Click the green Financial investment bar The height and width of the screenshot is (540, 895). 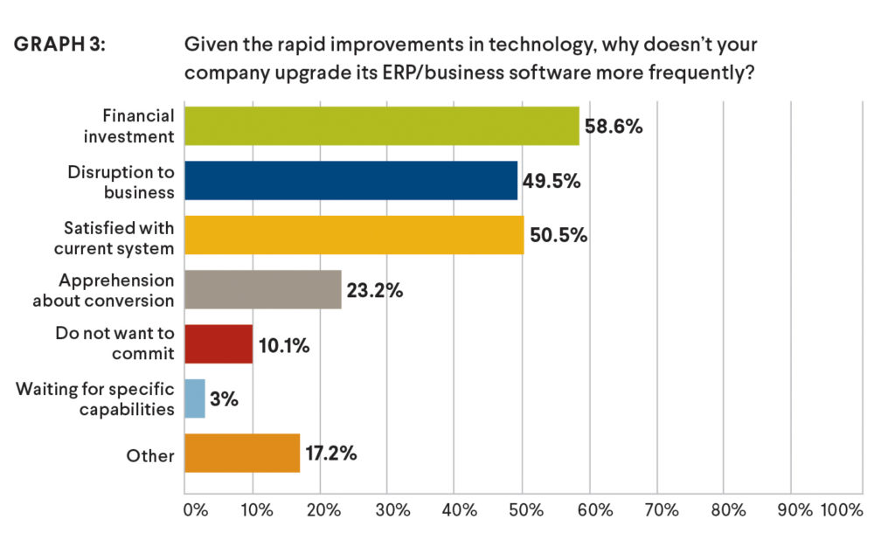click(382, 126)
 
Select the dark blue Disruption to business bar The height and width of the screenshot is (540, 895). click(351, 181)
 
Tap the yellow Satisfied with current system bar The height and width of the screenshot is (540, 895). click(355, 235)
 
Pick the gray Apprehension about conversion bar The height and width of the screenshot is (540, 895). click(263, 290)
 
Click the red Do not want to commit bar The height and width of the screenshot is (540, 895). click(219, 344)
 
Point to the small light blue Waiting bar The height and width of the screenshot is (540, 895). click(195, 398)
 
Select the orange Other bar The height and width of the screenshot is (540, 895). click(243, 453)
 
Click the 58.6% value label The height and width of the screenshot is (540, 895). click(614, 127)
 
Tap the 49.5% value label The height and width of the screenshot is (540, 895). click(552, 182)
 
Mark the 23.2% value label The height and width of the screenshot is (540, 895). click(374, 291)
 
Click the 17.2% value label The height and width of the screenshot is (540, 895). click(331, 454)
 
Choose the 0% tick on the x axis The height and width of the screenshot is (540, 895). click(194, 509)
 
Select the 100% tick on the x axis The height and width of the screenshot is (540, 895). click(841, 509)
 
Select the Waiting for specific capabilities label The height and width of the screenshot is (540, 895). click(96, 398)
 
